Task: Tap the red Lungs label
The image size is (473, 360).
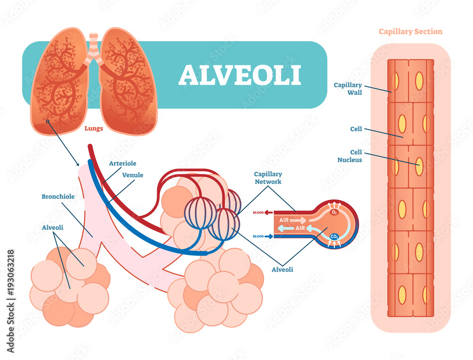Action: [93, 128]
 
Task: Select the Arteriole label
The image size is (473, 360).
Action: [123, 163]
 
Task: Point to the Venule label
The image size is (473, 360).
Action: [132, 175]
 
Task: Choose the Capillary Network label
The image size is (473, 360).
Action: [268, 177]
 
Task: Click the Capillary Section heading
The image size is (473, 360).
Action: [411, 32]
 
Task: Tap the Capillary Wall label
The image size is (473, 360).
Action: [348, 88]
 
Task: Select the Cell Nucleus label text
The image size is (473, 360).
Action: [353, 156]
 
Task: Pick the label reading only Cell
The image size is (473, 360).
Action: [356, 128]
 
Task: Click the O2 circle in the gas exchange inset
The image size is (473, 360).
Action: [334, 212]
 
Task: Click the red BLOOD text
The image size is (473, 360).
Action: [258, 212]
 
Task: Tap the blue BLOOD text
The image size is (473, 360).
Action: [258, 236]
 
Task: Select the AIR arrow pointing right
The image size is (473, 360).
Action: [291, 220]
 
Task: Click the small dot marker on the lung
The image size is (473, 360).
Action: [47, 122]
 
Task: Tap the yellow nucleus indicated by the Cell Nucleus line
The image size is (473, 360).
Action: [419, 167]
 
